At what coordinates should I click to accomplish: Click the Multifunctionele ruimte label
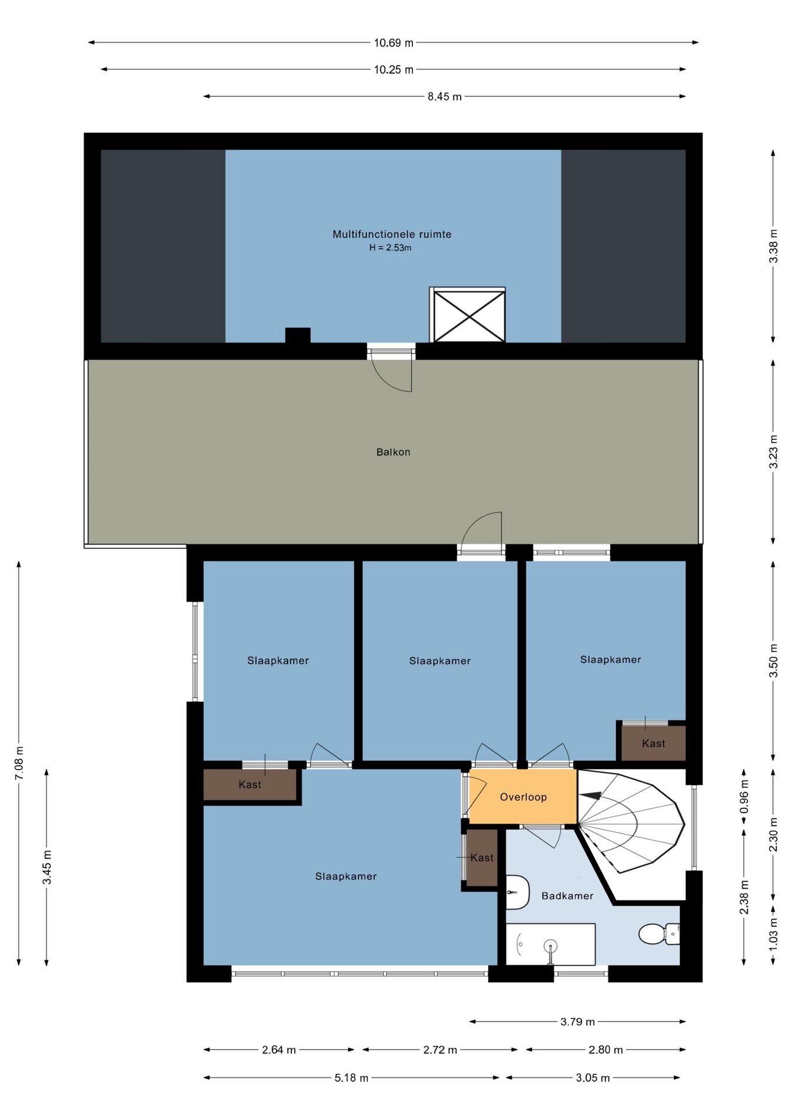click(x=392, y=234)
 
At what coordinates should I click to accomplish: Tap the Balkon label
click(x=393, y=452)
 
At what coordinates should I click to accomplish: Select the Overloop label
click(x=523, y=797)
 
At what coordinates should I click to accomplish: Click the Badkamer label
click(x=567, y=895)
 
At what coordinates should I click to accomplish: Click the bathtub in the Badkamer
click(x=551, y=944)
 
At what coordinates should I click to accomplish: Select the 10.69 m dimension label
click(x=394, y=43)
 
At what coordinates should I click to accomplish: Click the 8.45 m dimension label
click(x=444, y=96)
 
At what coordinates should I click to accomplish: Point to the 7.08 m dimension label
click(x=19, y=762)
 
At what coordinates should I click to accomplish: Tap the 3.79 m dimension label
click(x=577, y=1021)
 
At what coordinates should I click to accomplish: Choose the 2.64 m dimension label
click(x=279, y=1050)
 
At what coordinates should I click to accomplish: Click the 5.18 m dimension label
click(x=351, y=1078)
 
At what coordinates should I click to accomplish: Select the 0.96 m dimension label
click(x=744, y=797)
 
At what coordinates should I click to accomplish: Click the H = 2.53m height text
click(x=390, y=248)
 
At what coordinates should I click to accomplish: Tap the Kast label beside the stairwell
click(x=653, y=743)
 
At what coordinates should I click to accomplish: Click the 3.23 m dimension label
click(x=773, y=452)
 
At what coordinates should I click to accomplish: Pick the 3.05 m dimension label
click(x=593, y=1078)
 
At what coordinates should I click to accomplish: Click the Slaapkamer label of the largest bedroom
click(x=346, y=876)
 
